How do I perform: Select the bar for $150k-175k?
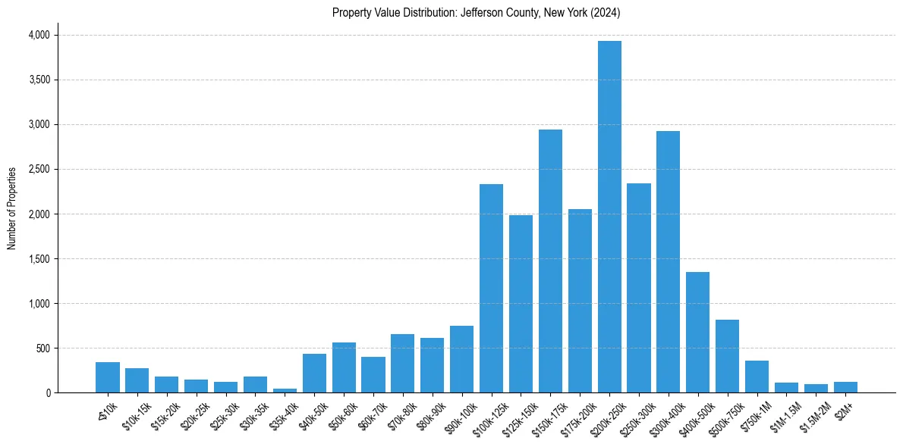550,261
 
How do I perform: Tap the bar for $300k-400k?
668,262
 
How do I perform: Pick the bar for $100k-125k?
491,289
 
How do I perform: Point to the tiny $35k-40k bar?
285,390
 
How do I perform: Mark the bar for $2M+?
845,387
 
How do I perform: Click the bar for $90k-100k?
461,359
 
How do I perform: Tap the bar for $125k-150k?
521,304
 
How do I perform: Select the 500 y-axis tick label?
43,349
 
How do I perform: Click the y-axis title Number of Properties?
12,208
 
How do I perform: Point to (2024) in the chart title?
607,12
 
